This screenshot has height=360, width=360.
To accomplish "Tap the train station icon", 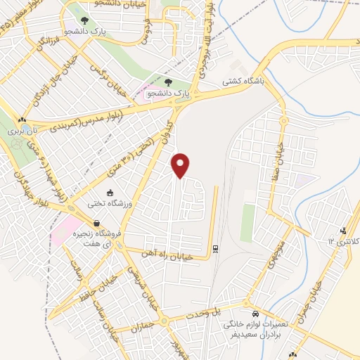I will pyautogui.click(x=215, y=247).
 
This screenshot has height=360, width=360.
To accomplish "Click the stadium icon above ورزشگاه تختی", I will pyautogui.click(x=109, y=193).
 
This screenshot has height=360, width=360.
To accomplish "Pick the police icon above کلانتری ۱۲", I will pyautogui.click(x=343, y=231).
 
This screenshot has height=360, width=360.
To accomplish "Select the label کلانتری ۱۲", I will pyautogui.click(x=343, y=241).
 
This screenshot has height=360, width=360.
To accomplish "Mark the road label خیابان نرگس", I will pyautogui.click(x=109, y=77).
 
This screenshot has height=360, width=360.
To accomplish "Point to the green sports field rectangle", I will pyautogui.click(x=247, y=223).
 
